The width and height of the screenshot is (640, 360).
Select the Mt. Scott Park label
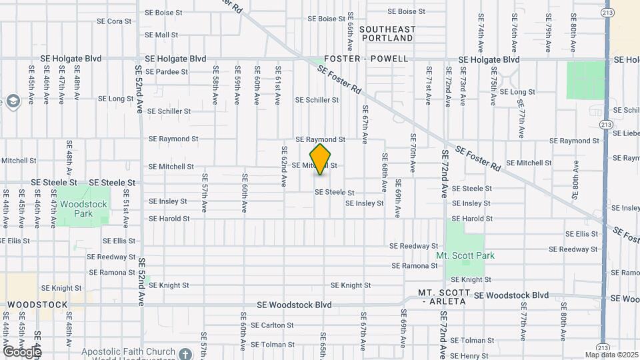coord(465,255)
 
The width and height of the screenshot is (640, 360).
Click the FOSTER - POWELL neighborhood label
coord(366,59)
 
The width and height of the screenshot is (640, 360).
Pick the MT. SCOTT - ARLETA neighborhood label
coord(445,297)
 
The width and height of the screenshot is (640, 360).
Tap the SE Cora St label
coord(114,21)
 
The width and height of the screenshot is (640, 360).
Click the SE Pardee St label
coord(167,72)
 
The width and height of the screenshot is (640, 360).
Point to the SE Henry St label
coord(469,356)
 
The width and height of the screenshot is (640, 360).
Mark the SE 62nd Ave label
coord(284,166)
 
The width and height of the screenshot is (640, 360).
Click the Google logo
coord(21,351)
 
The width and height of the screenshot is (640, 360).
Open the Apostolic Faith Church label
coord(128,351)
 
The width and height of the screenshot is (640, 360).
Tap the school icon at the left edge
coord(11,101)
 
